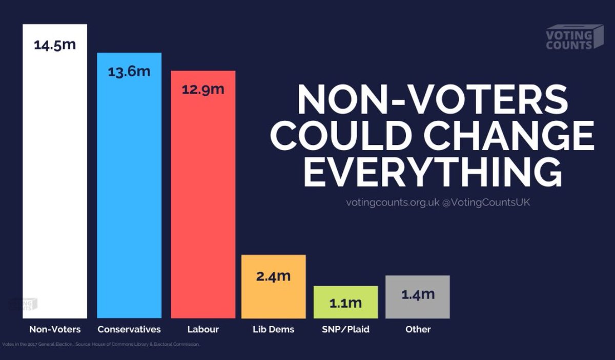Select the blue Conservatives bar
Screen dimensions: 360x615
(129, 195)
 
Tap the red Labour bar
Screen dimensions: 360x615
(203, 205)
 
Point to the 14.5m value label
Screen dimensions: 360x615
(55, 45)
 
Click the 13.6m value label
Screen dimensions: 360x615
(129, 71)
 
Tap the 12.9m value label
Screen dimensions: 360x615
(203, 89)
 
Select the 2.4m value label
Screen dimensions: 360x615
(274, 277)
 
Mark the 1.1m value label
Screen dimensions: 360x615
(345, 303)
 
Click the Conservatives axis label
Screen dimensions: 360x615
(129, 329)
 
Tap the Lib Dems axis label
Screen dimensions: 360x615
(274, 329)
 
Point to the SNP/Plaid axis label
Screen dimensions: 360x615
(346, 329)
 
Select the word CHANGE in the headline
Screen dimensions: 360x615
(512, 134)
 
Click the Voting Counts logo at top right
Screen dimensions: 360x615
(574, 38)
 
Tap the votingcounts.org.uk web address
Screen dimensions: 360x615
(393, 203)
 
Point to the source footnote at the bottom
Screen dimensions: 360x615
(100, 344)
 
